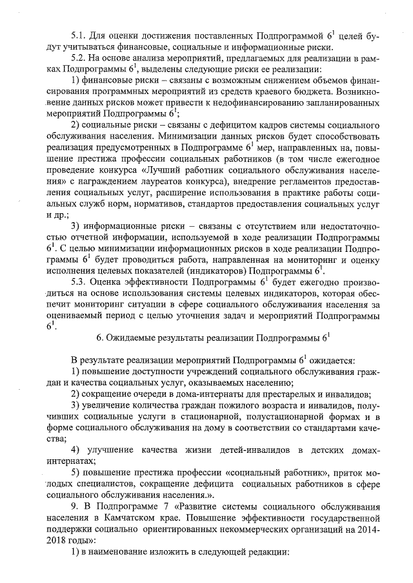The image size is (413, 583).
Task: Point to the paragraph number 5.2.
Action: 79,59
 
